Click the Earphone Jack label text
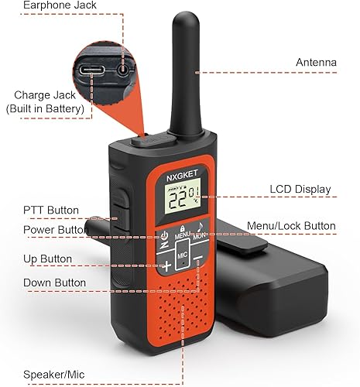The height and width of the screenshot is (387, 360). (x=59, y=6)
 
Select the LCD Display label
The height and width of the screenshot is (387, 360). (x=300, y=189)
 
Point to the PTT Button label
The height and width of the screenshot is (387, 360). (x=51, y=209)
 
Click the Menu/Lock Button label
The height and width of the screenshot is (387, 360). (x=291, y=226)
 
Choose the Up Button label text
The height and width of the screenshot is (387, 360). (x=47, y=259)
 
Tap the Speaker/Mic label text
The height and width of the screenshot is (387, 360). (x=53, y=375)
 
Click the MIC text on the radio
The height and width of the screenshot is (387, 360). (x=183, y=255)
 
